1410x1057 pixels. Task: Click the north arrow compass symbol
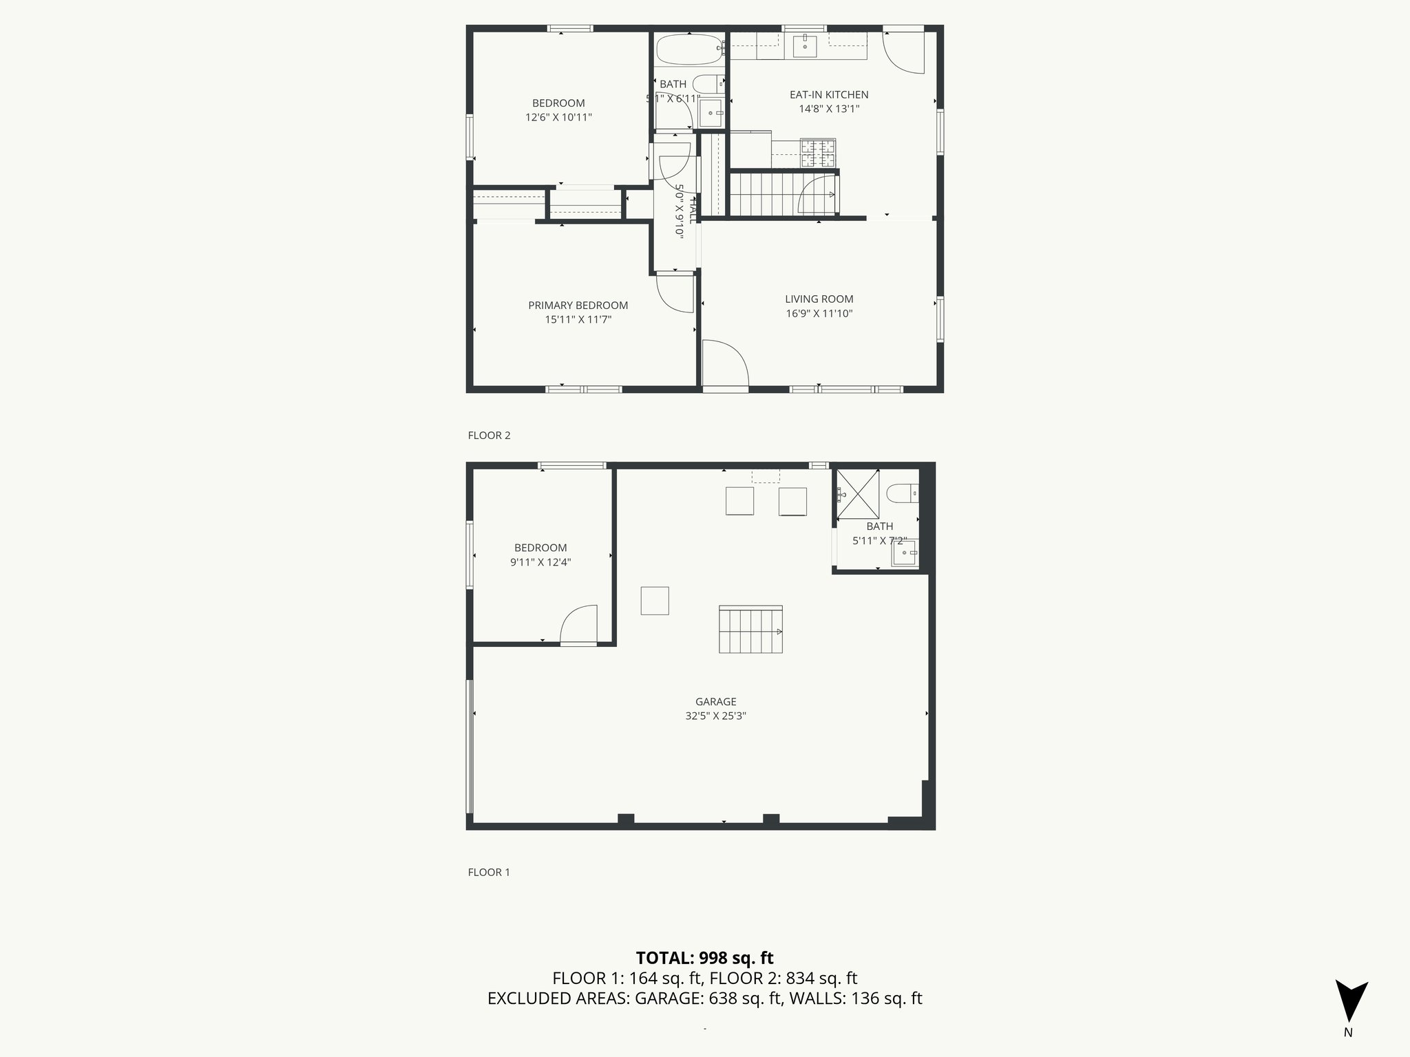tap(1351, 1001)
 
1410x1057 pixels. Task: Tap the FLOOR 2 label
tap(489, 436)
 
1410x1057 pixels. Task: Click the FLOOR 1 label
tap(489, 872)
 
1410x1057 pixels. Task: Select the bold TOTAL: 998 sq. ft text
tap(704, 958)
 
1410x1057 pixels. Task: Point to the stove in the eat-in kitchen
tap(818, 153)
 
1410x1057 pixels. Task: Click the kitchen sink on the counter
tap(804, 46)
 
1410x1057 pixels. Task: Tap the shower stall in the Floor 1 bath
tap(858, 493)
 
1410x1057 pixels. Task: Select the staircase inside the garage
tap(750, 630)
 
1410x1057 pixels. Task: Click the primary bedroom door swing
tap(675, 292)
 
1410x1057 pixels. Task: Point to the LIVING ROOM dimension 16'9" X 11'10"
tap(819, 314)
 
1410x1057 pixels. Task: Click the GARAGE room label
tap(715, 701)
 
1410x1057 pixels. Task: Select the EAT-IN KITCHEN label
tap(828, 95)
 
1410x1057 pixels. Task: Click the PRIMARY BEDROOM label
tap(578, 306)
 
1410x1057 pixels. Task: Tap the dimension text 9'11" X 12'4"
tap(540, 562)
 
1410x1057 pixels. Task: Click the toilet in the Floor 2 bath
tap(708, 85)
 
